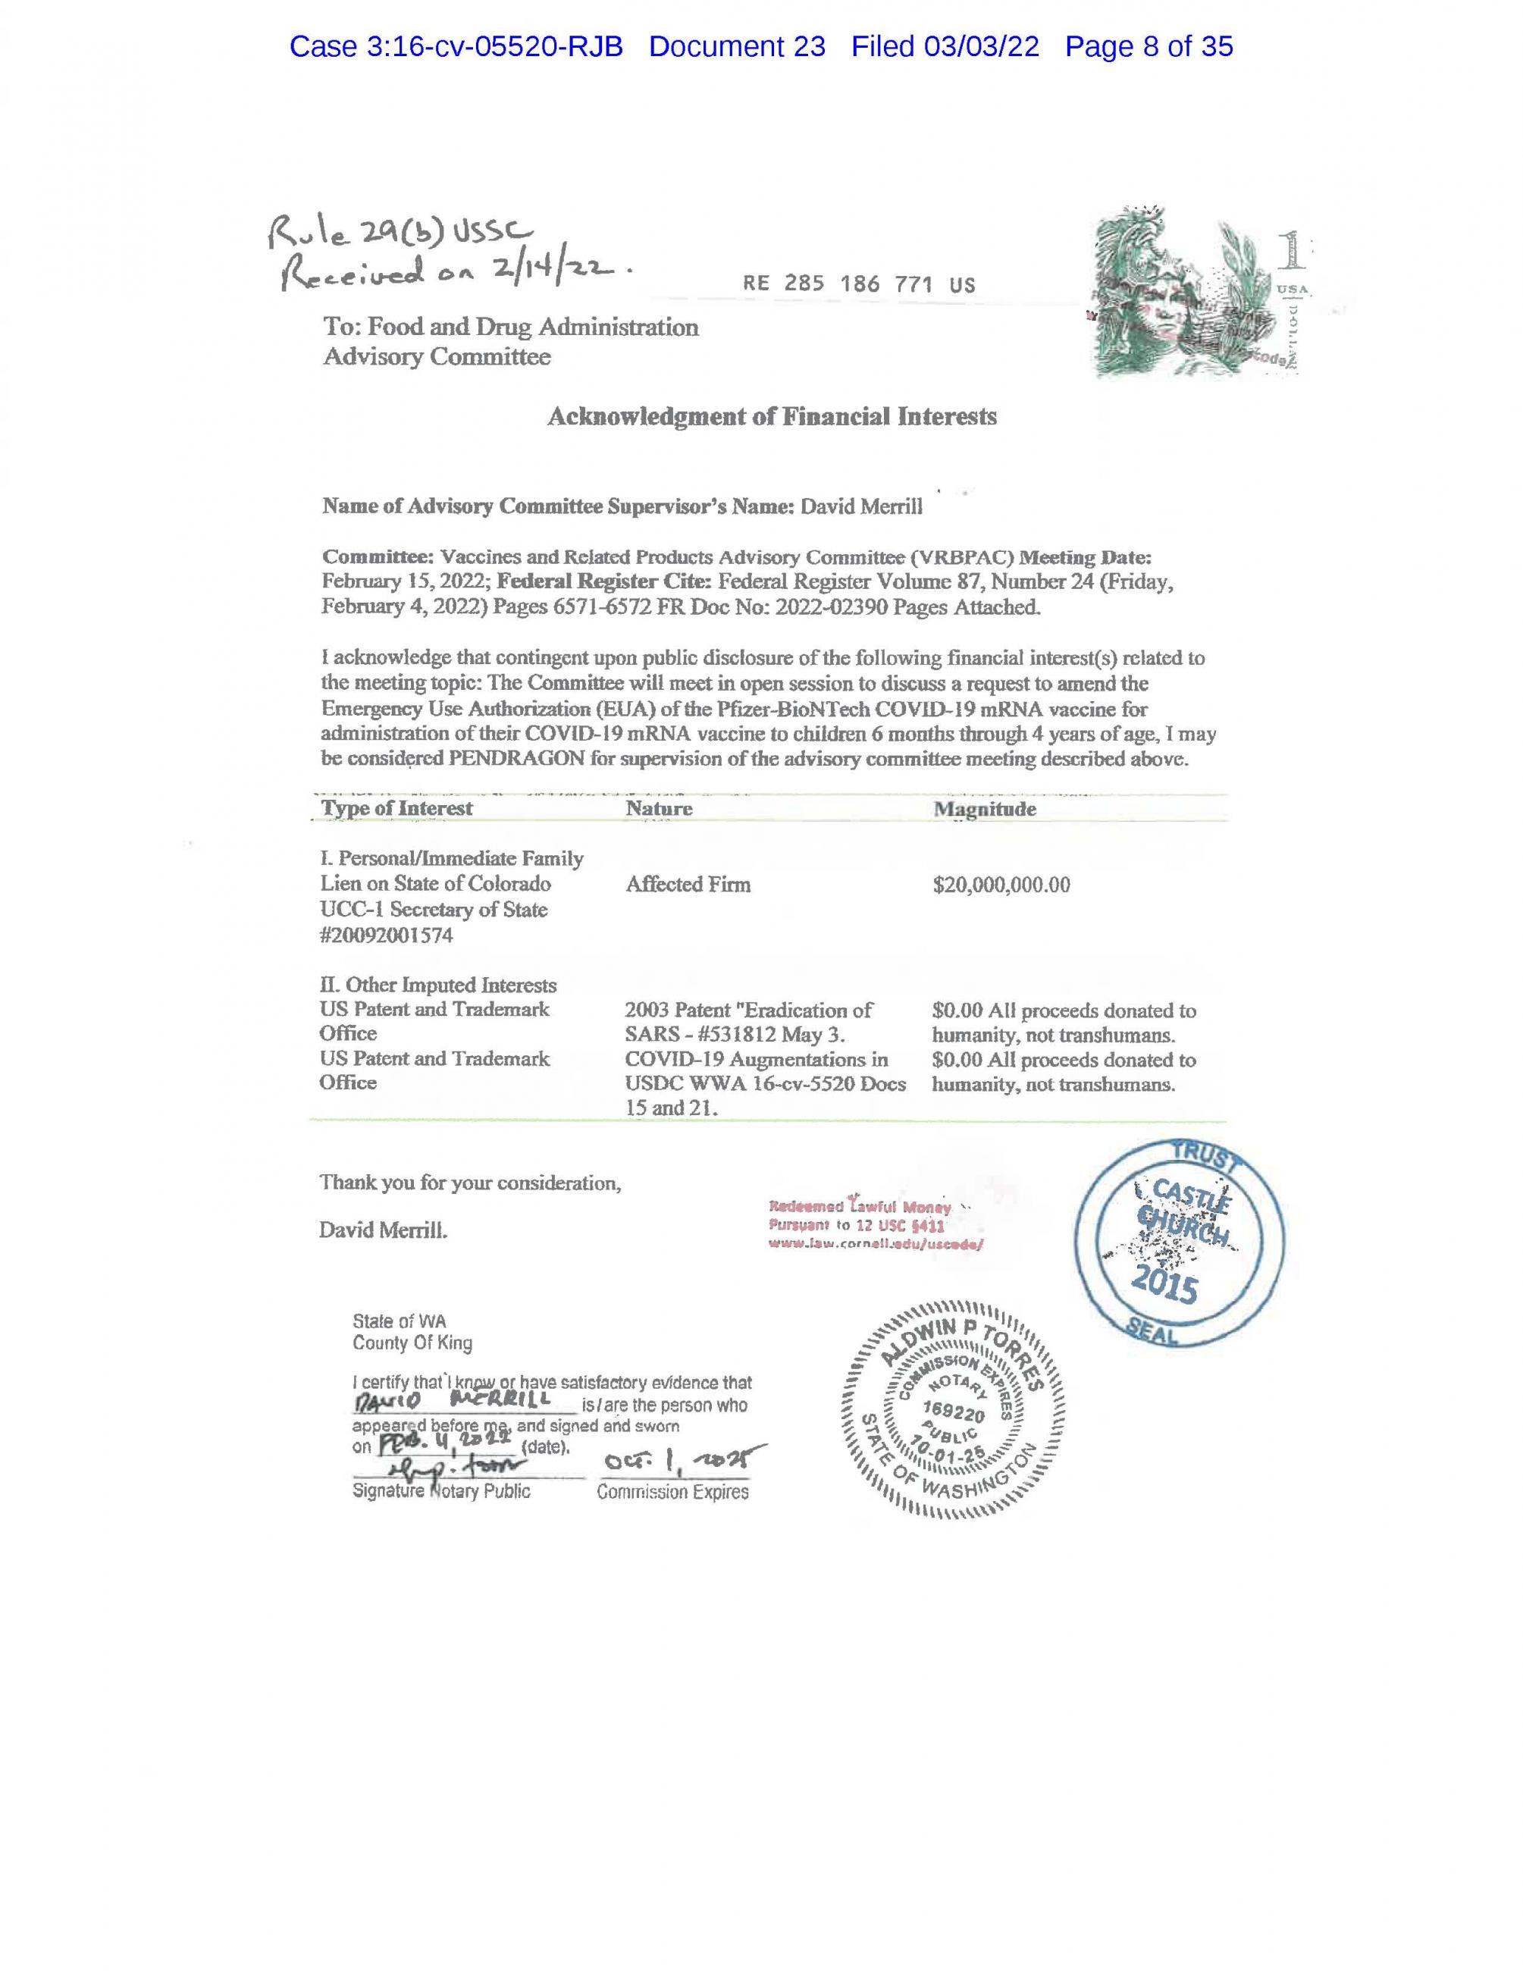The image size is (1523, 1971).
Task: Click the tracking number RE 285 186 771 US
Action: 858,284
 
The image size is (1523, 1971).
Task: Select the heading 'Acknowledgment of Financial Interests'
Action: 772,416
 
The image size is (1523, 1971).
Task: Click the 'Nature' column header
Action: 659,809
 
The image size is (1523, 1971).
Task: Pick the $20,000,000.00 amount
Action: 1001,885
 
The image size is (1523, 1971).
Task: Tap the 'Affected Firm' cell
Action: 688,885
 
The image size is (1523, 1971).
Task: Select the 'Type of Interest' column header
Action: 397,807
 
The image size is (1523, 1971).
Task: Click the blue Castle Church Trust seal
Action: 1180,1242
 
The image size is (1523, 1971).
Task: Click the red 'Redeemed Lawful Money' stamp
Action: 874,1224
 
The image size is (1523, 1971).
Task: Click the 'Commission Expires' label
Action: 672,1493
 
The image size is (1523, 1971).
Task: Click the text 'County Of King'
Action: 412,1343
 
